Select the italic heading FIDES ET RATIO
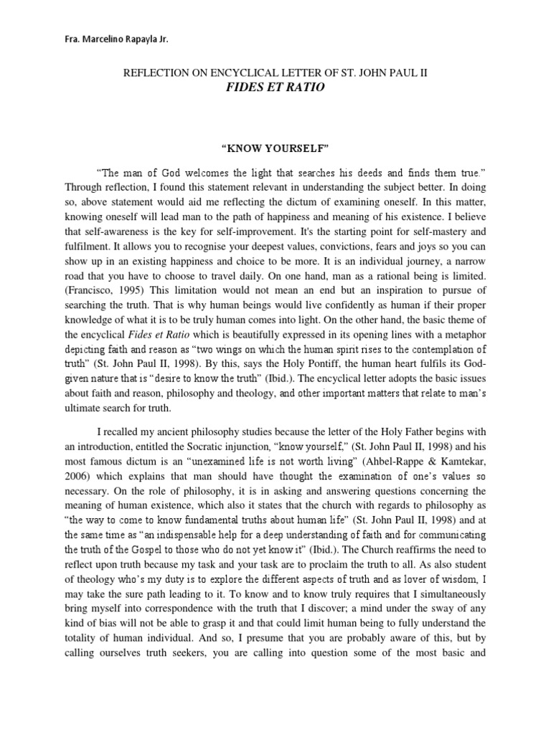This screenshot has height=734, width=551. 275,87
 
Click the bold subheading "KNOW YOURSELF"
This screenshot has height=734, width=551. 275,149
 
